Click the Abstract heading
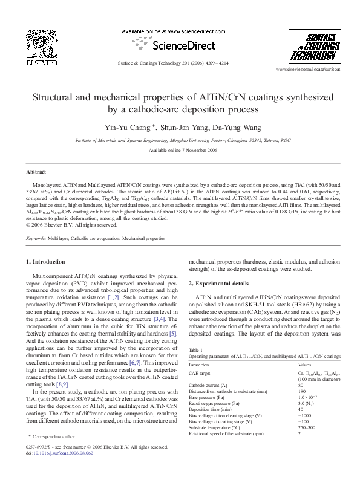(37, 172)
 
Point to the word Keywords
(36, 239)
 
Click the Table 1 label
(197, 350)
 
